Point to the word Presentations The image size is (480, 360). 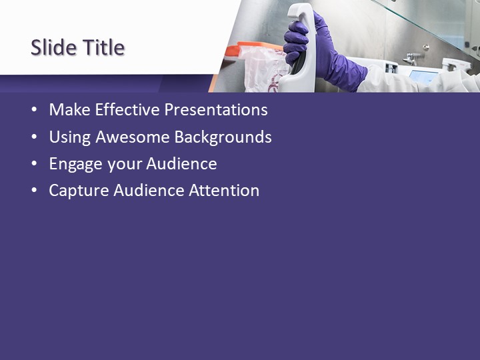[216, 110]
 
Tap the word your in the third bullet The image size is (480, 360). [122, 165]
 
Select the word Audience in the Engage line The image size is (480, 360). [181, 163]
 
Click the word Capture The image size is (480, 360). [79, 191]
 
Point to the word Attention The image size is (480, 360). [224, 190]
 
